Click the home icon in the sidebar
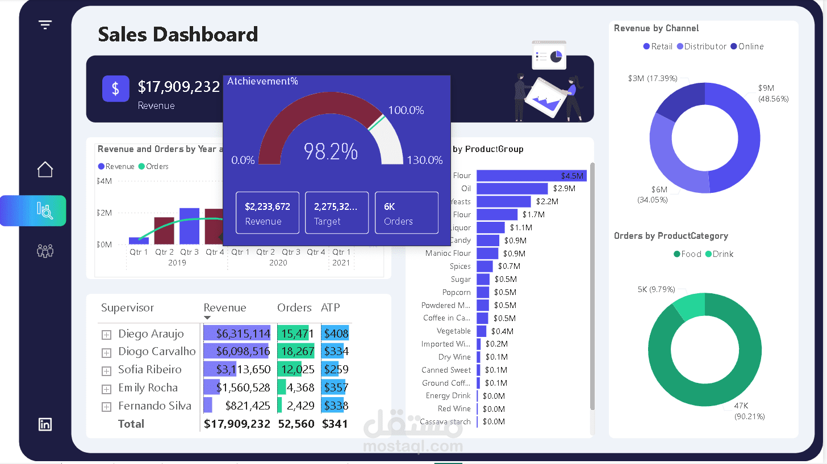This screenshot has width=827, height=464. click(45, 170)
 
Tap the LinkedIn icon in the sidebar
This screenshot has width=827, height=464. click(45, 424)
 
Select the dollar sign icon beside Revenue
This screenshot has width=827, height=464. click(116, 88)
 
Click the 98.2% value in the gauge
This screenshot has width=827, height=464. click(331, 151)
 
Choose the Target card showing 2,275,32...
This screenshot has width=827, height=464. click(337, 213)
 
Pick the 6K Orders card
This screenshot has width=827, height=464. click(407, 213)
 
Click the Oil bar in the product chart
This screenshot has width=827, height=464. click(512, 188)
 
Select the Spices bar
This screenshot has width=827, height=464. click(484, 266)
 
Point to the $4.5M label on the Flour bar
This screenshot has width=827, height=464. click(572, 176)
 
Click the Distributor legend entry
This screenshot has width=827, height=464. click(701, 47)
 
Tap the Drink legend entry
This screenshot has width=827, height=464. click(720, 254)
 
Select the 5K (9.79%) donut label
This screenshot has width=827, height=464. click(656, 289)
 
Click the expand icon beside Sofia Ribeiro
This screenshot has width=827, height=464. click(106, 371)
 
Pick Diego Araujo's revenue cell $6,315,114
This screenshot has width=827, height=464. click(237, 334)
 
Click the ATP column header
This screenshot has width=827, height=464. click(331, 308)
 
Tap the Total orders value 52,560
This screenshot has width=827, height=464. click(296, 424)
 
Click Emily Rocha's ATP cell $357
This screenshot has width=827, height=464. click(335, 388)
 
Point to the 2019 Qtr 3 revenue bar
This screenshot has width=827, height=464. click(189, 226)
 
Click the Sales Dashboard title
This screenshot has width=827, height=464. click(178, 35)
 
